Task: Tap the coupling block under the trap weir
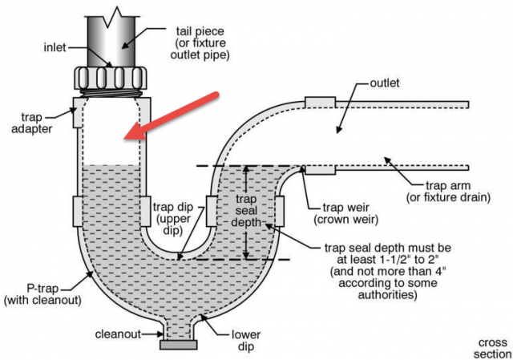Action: tap(318, 169)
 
